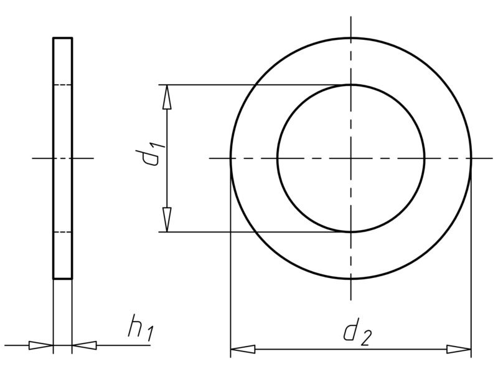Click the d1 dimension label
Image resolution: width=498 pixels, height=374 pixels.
point(150,153)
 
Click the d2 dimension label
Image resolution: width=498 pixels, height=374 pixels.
point(357,332)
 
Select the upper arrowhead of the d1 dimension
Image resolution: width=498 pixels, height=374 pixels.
point(167,97)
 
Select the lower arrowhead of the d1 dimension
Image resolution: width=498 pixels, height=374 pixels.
point(167,220)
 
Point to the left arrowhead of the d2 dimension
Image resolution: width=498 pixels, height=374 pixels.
point(243,349)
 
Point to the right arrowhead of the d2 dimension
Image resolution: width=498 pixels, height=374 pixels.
point(459,349)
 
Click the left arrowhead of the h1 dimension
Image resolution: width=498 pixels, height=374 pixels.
point(41,345)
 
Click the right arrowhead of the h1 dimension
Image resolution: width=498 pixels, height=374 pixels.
point(85,345)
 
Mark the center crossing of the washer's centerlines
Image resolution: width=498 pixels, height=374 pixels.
point(351,158)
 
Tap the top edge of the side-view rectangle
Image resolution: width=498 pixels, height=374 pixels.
point(63,38)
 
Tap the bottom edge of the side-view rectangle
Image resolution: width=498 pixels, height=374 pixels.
point(63,279)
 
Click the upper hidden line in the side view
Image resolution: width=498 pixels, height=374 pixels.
point(63,85)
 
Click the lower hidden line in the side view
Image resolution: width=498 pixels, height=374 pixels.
point(63,232)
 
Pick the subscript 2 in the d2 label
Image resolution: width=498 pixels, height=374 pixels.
point(365,338)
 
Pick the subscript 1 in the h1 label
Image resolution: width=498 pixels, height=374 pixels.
point(150,335)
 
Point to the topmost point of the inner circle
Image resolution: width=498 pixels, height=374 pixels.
point(351,85)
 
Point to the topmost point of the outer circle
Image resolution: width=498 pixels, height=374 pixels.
point(351,38)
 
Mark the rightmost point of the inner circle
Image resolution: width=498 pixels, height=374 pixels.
point(425,158)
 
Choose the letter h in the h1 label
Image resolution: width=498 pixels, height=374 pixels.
point(134,325)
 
